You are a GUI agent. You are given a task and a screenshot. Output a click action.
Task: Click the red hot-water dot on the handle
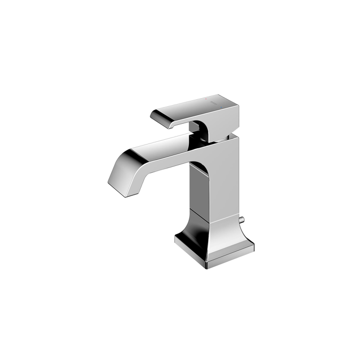pos(206,99)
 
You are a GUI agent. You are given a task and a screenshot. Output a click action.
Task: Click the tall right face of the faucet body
pos(227,181)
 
